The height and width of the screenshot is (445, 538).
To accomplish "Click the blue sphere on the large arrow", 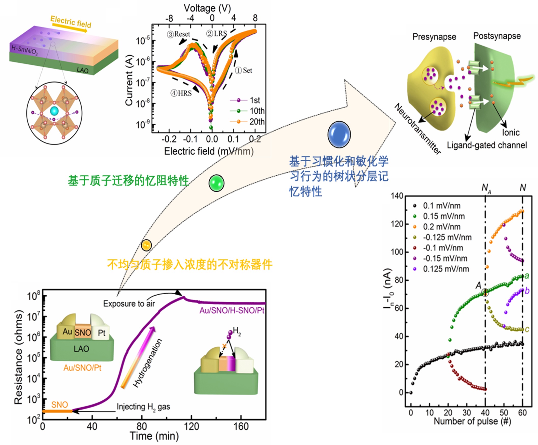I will [x=339, y=135].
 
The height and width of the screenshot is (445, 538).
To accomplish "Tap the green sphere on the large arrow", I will [x=216, y=183].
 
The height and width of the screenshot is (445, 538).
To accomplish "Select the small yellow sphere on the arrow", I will [x=146, y=245].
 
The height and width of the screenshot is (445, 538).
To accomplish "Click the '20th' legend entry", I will [x=257, y=122].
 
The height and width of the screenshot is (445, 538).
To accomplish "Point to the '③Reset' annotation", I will [x=179, y=34].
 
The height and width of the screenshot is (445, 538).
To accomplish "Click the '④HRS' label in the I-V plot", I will [x=181, y=93].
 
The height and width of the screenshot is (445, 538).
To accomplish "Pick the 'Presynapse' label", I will [x=434, y=37].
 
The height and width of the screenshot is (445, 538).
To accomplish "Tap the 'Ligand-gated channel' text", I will [x=487, y=145].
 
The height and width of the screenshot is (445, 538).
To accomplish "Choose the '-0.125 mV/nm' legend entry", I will [x=447, y=237].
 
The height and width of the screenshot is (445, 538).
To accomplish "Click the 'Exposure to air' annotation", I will [x=129, y=304].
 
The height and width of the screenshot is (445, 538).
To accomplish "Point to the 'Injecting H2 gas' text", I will [x=143, y=407].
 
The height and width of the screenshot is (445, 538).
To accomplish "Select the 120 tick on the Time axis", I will [x=191, y=427].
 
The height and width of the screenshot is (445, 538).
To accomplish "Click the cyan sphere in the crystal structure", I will [x=54, y=111].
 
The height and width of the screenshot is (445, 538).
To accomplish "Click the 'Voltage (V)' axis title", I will [x=207, y=8].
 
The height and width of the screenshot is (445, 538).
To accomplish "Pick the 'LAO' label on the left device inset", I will [x=81, y=349].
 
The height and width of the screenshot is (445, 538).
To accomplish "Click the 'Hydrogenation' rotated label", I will [x=147, y=362].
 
